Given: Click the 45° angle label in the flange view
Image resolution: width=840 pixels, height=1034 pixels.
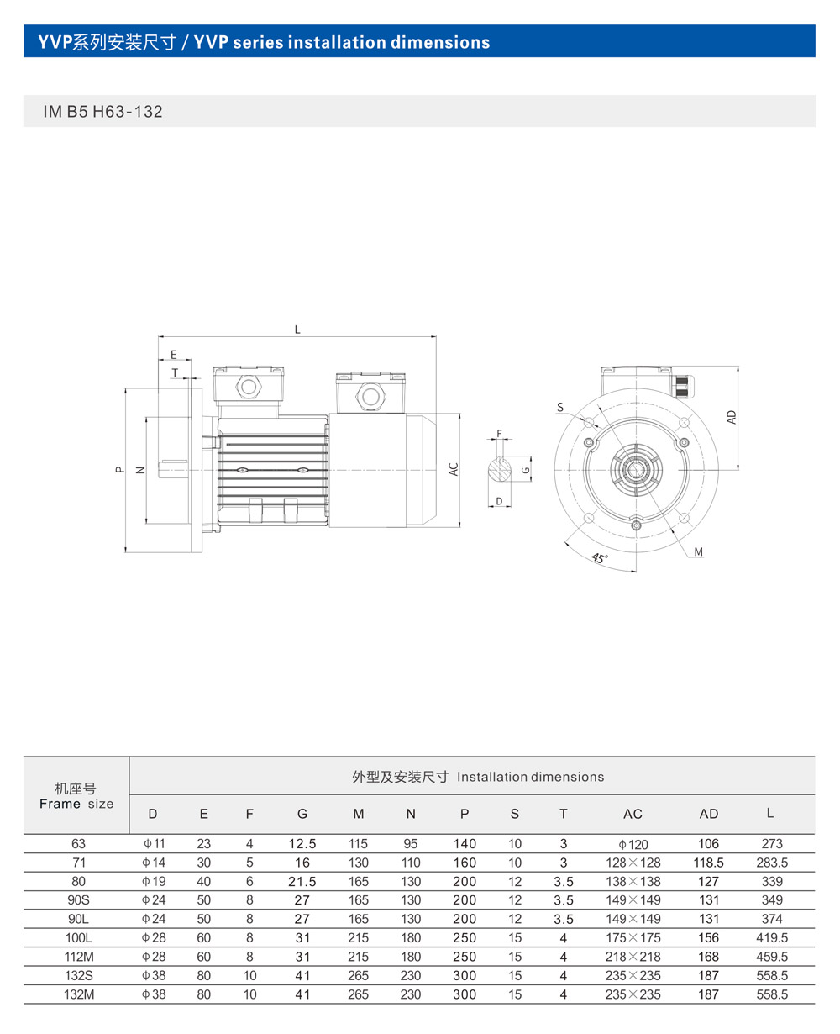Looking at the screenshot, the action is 600,558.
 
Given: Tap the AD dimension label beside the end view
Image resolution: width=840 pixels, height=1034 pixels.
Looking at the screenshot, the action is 732,417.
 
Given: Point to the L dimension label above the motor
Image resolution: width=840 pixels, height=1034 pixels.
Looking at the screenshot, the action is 297,330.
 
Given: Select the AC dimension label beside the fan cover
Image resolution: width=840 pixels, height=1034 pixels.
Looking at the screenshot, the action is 454,469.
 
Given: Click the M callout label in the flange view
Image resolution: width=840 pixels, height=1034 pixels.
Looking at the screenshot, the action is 698,552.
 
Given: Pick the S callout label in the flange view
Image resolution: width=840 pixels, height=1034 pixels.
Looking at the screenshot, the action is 560,407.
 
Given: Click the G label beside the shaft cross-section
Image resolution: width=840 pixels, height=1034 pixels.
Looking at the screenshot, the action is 526,470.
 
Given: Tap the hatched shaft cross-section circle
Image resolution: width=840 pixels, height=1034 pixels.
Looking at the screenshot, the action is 499,469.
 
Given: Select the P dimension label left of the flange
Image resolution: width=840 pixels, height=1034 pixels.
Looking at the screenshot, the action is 120,469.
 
